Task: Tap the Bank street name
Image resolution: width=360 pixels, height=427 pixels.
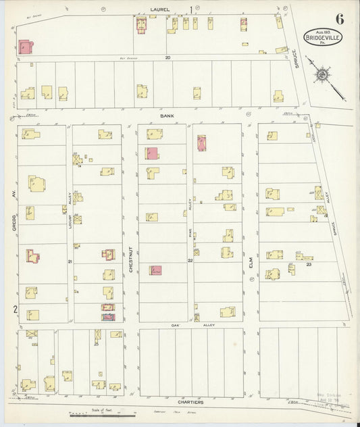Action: pyautogui.click(x=167, y=116)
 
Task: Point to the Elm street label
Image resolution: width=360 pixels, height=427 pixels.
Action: pyautogui.click(x=250, y=271)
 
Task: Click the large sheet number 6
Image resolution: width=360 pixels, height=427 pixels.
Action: pyautogui.click(x=339, y=19)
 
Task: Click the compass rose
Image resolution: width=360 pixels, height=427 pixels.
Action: pyautogui.click(x=324, y=73)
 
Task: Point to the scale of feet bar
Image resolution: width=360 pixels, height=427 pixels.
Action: pyautogui.click(x=91, y=414)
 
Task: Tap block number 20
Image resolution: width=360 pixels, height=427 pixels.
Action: pyautogui.click(x=168, y=57)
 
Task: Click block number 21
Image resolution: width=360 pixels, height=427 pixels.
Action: pyautogui.click(x=70, y=261)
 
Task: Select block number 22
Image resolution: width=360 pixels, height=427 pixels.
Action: pyautogui.click(x=190, y=261)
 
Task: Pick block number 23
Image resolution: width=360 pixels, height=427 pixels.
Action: pyautogui.click(x=308, y=265)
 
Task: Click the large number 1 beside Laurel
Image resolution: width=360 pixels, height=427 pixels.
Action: pyautogui.click(x=190, y=9)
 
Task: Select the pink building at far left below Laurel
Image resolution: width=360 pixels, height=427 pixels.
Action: pyautogui.click(x=25, y=47)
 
